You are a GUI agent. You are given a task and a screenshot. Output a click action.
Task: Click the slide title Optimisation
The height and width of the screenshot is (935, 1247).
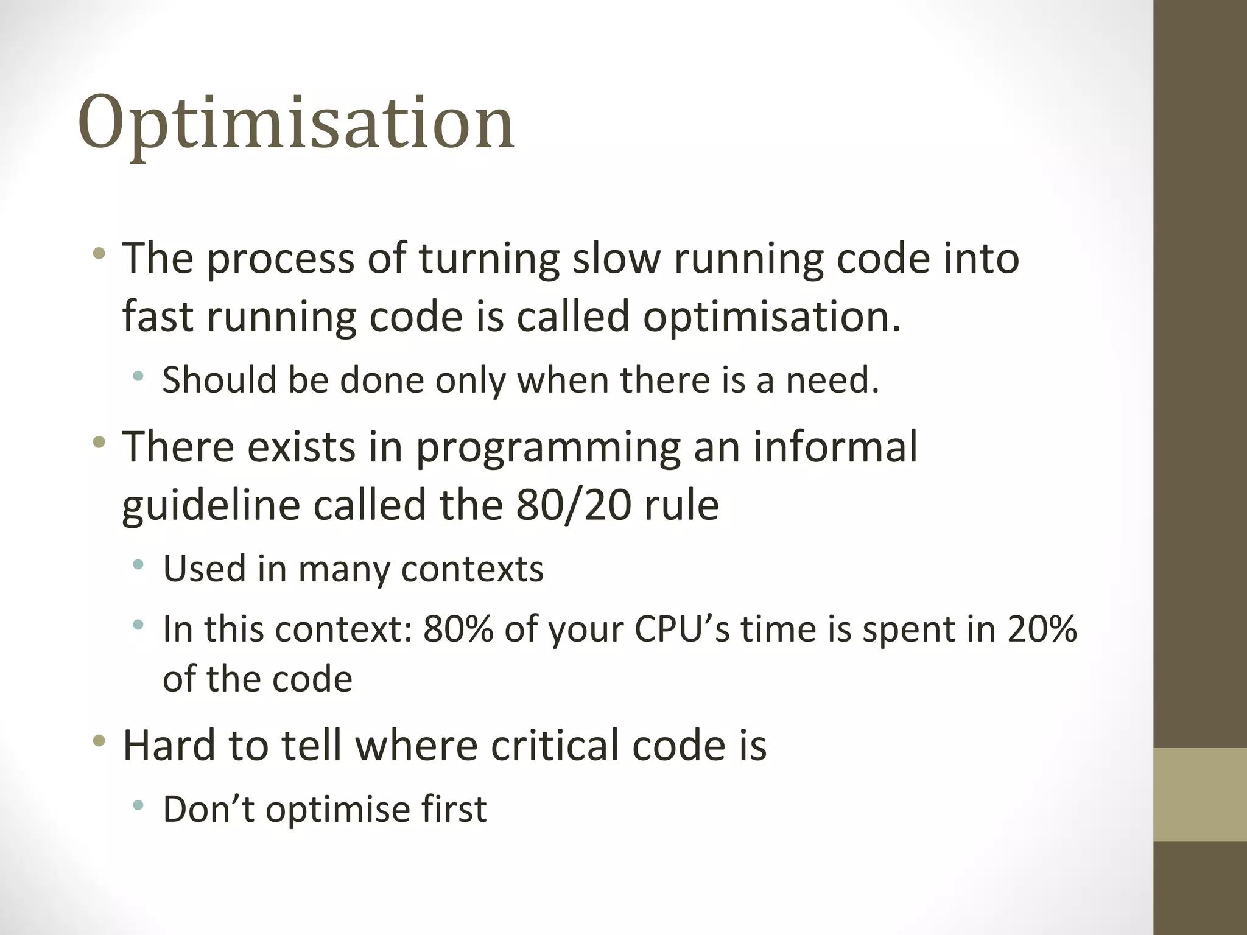click(296, 124)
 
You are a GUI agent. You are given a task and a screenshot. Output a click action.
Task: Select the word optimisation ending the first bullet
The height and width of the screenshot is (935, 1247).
click(771, 317)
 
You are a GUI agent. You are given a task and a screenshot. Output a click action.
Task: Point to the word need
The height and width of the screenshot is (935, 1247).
click(832, 380)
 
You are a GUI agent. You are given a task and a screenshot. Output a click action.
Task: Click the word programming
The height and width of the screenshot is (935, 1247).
click(547, 447)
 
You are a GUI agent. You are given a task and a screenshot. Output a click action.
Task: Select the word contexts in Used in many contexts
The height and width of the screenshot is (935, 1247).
click(472, 569)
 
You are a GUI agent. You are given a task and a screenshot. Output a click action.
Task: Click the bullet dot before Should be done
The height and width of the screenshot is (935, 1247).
click(138, 376)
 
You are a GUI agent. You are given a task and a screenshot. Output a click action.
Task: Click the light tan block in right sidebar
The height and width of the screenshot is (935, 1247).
click(1200, 794)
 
